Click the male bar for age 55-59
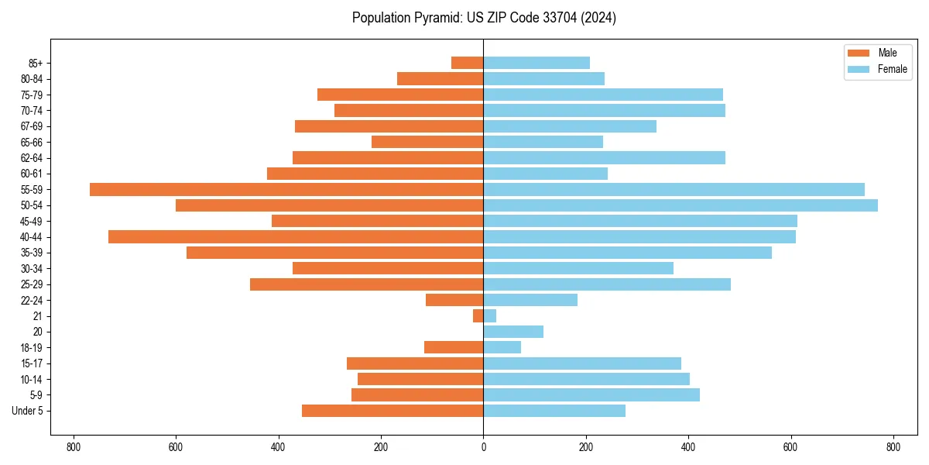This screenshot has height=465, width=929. click(x=286, y=189)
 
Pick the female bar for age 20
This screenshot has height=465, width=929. click(x=513, y=332)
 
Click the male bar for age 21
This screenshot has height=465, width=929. click(x=478, y=315)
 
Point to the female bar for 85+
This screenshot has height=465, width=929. click(x=536, y=63)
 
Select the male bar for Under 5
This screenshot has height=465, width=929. click(x=393, y=411)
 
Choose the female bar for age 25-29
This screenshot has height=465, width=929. click(x=607, y=284)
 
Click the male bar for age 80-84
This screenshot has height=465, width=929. click(x=441, y=78)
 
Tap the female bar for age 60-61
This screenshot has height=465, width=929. click(x=546, y=174)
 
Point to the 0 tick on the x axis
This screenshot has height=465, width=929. click(x=483, y=447)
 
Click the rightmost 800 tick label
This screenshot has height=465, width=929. click(x=893, y=447)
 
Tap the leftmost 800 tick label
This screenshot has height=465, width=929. click(x=74, y=447)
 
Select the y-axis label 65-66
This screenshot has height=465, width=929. click(x=32, y=142)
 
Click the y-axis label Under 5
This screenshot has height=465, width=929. click(x=27, y=411)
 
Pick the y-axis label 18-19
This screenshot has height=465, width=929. click(x=32, y=347)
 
